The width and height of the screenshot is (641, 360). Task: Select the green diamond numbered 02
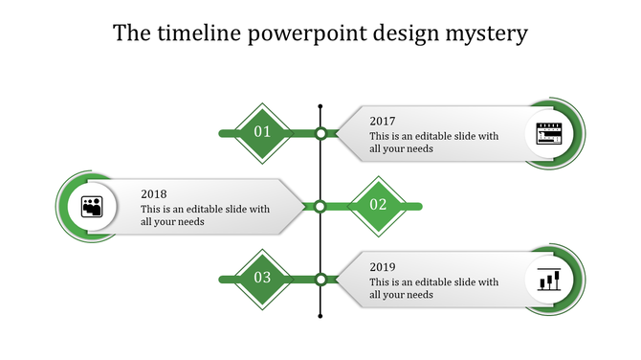[378, 205]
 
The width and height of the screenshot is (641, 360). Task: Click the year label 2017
[383, 122]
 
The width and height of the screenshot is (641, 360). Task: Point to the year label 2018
[153, 193]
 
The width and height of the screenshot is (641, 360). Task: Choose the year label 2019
[383, 267]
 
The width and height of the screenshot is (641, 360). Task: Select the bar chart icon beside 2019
[548, 280]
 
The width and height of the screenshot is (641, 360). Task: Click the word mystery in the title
[486, 34]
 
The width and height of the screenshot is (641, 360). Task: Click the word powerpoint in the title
[296, 34]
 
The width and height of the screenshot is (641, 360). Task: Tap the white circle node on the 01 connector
[321, 133]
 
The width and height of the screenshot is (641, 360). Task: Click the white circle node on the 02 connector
[320, 205]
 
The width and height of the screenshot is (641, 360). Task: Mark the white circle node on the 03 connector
[321, 279]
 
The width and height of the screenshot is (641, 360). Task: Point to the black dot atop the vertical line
[320, 105]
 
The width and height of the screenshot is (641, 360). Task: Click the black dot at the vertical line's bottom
[320, 317]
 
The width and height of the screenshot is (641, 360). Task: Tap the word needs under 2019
[420, 295]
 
